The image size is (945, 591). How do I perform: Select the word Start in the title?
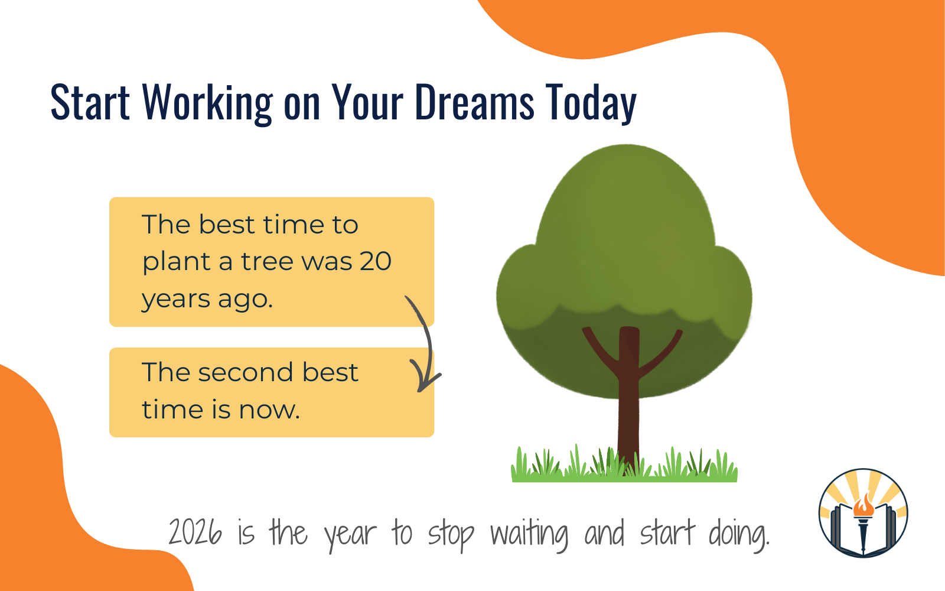tap(90, 102)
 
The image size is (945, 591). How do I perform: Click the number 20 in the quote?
tap(375, 261)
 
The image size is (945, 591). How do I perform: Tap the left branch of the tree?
tap(599, 349)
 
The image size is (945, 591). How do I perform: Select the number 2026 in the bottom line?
tap(195, 532)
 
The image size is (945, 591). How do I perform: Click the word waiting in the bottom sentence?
tap(529, 534)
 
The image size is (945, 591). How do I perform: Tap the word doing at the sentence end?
tap(738, 534)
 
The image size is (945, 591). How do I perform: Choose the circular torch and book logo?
tap(863, 513)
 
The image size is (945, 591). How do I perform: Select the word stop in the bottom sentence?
tap(451, 534)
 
